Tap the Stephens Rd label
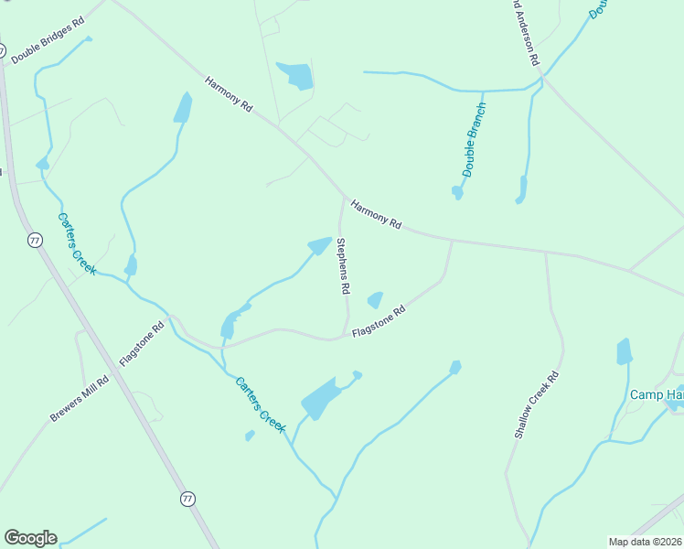343,265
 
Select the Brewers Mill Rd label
80,399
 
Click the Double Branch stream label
474,139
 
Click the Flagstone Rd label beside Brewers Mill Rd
142,341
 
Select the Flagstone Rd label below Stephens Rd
378,321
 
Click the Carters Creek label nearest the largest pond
261,404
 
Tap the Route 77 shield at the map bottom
187,499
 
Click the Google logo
30,538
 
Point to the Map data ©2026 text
646,542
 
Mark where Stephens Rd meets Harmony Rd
345,197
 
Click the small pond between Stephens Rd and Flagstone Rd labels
374,299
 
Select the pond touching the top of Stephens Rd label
320,245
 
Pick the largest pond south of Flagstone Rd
321,397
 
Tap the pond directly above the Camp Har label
625,352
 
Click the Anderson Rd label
525,32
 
